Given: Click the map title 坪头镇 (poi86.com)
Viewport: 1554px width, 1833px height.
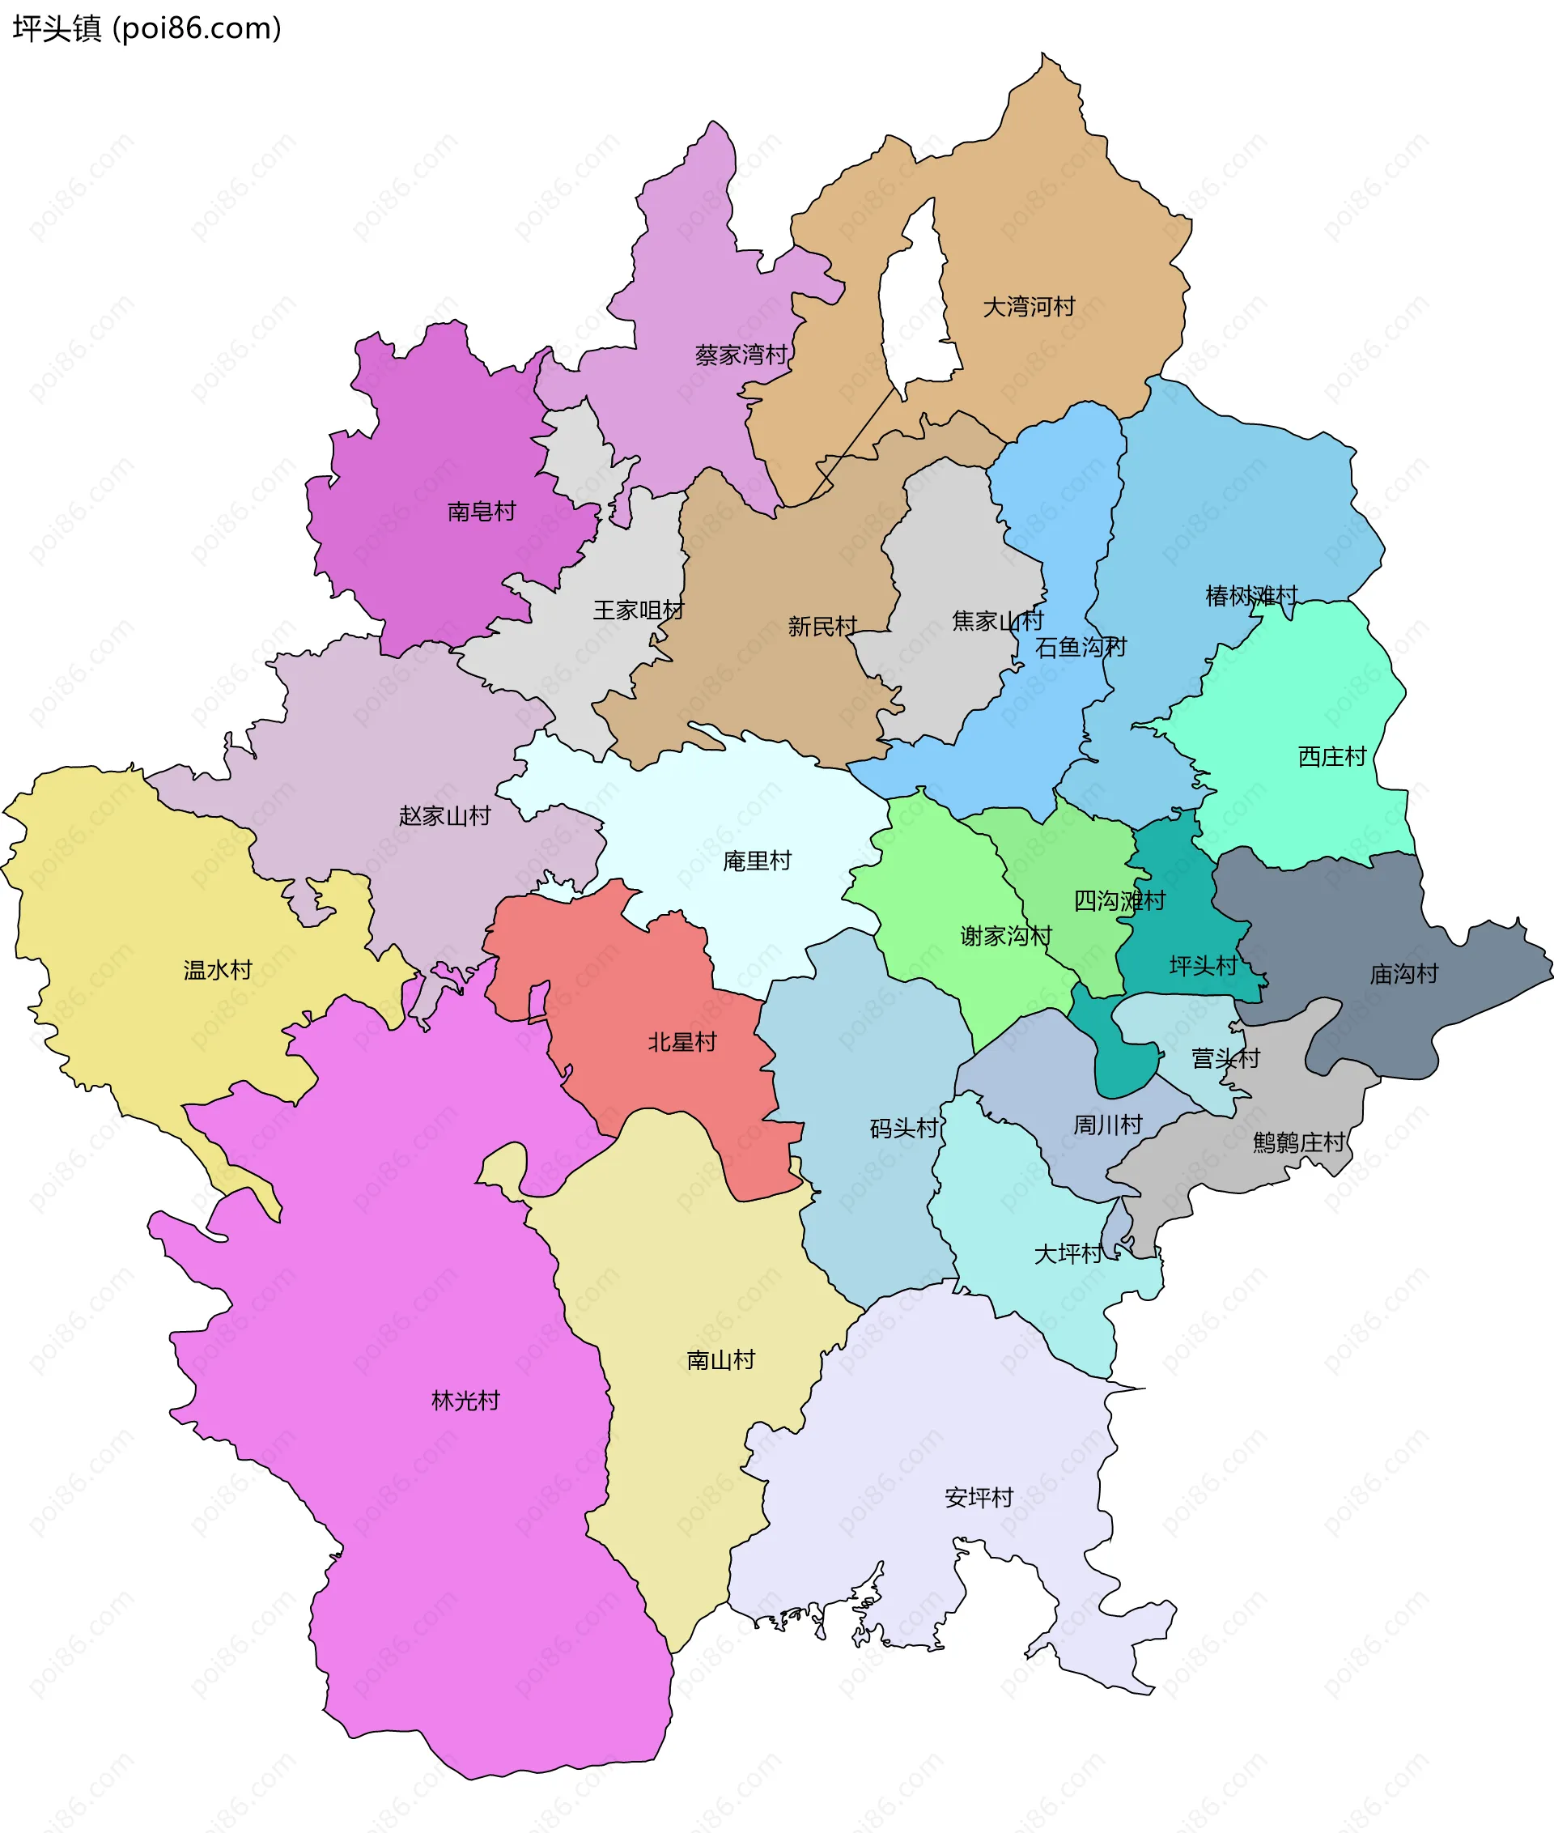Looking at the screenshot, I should [147, 28].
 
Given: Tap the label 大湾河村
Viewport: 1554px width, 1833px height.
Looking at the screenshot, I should [1028, 307].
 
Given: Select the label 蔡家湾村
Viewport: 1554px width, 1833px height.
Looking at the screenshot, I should [740, 355].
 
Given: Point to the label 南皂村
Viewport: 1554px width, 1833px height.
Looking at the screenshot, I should [481, 511].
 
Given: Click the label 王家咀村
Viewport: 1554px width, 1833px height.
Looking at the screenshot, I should [638, 610].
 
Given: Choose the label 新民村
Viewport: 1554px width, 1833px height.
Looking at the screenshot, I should [822, 626].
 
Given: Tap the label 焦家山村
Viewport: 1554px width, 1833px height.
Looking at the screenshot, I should [996, 620].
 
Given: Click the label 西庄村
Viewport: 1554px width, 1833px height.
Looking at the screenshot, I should [1331, 756].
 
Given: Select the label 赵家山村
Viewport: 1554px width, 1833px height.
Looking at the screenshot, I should [444, 815].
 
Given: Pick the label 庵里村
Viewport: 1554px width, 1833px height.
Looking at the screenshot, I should [757, 860].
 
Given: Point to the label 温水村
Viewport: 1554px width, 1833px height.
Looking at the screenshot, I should [218, 969].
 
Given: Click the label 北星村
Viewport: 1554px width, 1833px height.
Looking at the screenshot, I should [681, 1042].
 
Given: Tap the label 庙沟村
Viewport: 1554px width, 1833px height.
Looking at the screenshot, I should [1403, 974].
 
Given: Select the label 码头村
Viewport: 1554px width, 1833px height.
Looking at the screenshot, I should [904, 1128].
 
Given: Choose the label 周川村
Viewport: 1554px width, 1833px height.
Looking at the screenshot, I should [1106, 1125].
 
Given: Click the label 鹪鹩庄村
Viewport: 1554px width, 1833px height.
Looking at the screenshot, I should [1298, 1142].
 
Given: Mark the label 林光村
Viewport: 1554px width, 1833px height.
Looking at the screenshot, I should [465, 1401].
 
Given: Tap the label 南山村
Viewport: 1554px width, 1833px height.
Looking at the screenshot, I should [720, 1359].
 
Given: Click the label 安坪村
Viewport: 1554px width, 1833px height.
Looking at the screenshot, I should [978, 1497].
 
